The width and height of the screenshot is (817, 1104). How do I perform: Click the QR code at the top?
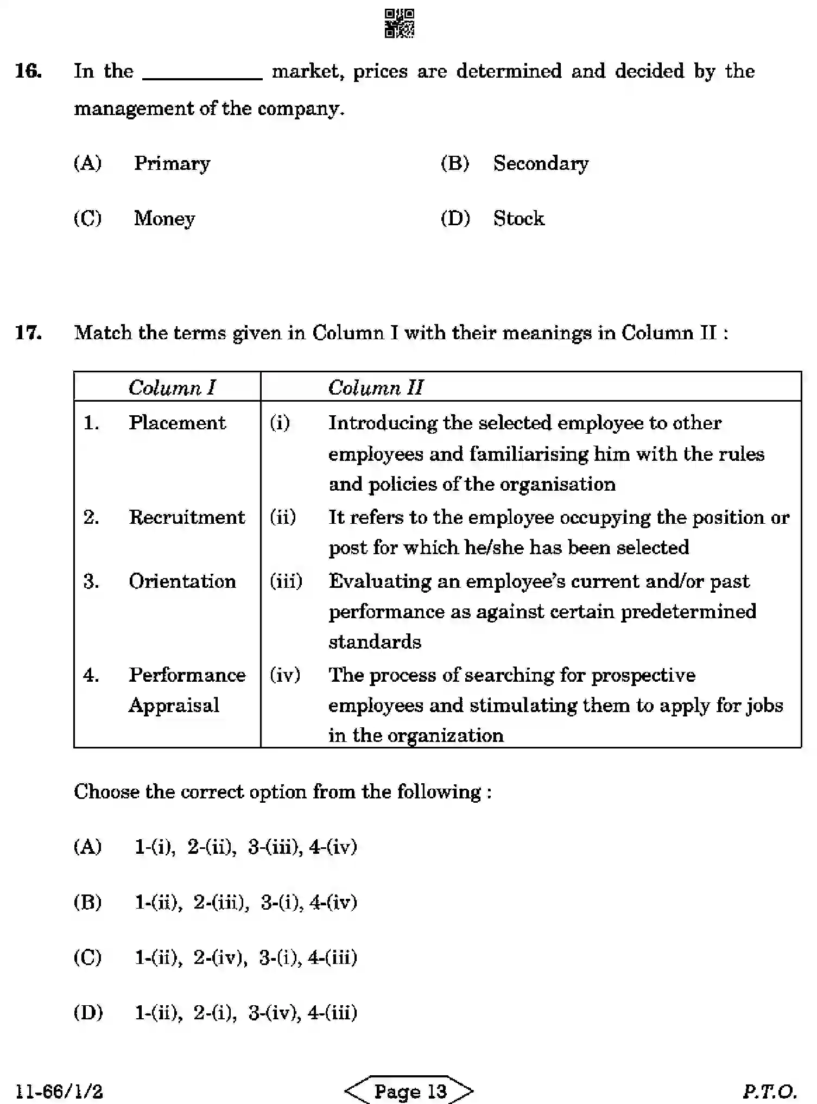[399, 23]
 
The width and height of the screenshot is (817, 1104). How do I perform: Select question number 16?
[28, 71]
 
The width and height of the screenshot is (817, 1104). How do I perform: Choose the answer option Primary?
[172, 163]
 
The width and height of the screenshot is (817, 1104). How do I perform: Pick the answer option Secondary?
[540, 163]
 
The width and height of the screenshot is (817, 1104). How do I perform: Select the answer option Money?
[164, 219]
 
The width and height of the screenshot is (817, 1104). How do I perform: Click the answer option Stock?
[518, 219]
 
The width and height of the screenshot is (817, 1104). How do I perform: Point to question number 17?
[28, 332]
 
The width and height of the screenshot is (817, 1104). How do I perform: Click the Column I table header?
[172, 388]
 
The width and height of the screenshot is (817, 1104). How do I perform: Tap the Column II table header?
[375, 388]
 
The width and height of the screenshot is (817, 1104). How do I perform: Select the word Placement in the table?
[177, 423]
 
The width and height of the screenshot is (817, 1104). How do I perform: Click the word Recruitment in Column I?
[187, 517]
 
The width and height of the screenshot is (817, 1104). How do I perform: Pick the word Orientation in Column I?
[182, 581]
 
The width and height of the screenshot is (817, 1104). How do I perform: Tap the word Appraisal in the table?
[174, 705]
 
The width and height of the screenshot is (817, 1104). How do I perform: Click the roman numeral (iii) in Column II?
[286, 581]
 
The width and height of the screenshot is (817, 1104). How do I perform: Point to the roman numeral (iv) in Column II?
[285, 675]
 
